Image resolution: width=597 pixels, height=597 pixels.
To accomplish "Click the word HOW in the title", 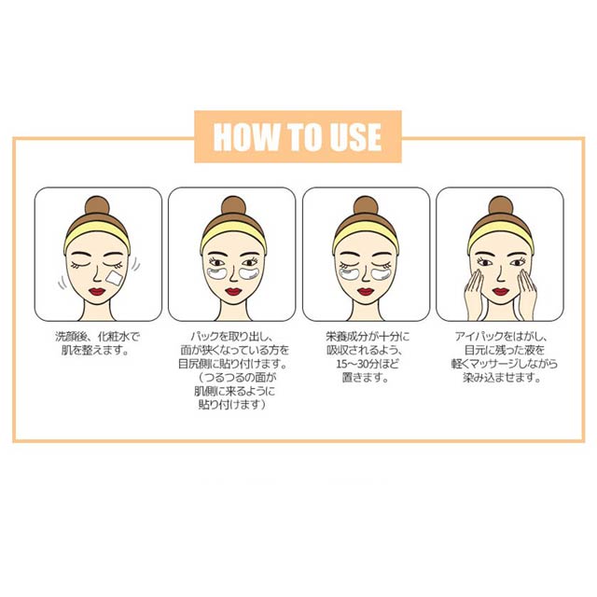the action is coord(246,137).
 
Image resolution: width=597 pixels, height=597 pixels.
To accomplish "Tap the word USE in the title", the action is coord(355,137).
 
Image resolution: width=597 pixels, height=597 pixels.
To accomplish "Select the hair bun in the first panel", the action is coord(97,206).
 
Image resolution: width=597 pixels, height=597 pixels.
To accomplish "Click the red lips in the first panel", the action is coord(97,291).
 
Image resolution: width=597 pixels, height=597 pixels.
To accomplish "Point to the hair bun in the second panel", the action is coord(233,206).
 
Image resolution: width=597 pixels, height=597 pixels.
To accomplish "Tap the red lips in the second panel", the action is coord(233,292).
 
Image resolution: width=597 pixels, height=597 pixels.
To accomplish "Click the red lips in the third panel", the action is coord(366,292).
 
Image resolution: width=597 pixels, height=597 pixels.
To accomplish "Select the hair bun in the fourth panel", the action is coord(500,206).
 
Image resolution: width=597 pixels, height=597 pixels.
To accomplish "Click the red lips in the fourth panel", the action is coord(500,292).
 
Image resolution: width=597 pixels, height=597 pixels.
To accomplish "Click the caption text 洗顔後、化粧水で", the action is coord(97,336).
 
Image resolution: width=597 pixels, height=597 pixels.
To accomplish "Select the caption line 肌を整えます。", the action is coord(95,350).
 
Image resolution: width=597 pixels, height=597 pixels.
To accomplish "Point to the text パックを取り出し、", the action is coord(232,336).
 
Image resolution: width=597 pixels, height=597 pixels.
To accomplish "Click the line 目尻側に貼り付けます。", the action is coord(233,364).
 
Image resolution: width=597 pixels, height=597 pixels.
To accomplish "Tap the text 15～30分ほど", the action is coord(367,364).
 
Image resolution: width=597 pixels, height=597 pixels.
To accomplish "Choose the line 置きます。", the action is coord(366,378).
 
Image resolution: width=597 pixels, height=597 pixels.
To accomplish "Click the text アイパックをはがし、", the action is coord(502,336).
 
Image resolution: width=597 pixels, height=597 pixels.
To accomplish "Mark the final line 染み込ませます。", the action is coord(502,378).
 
